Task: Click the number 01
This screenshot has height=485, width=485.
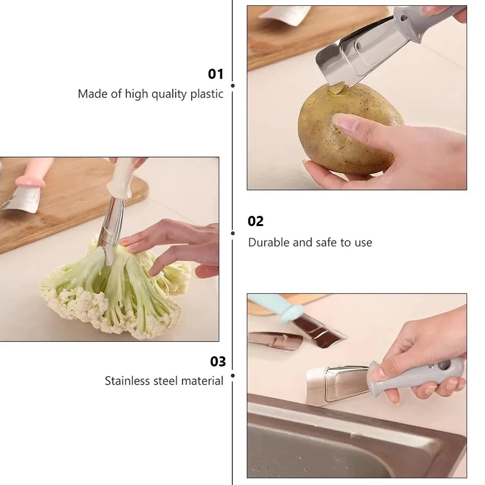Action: (x=216, y=74)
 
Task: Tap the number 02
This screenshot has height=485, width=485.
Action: (x=256, y=221)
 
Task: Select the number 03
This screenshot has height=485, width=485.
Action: (x=218, y=361)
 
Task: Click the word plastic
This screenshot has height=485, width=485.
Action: (x=207, y=94)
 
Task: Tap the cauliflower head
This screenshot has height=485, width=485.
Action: (x=114, y=291)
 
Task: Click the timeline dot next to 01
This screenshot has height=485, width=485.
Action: (x=233, y=86)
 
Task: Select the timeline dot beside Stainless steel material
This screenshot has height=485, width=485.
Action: (x=233, y=376)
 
